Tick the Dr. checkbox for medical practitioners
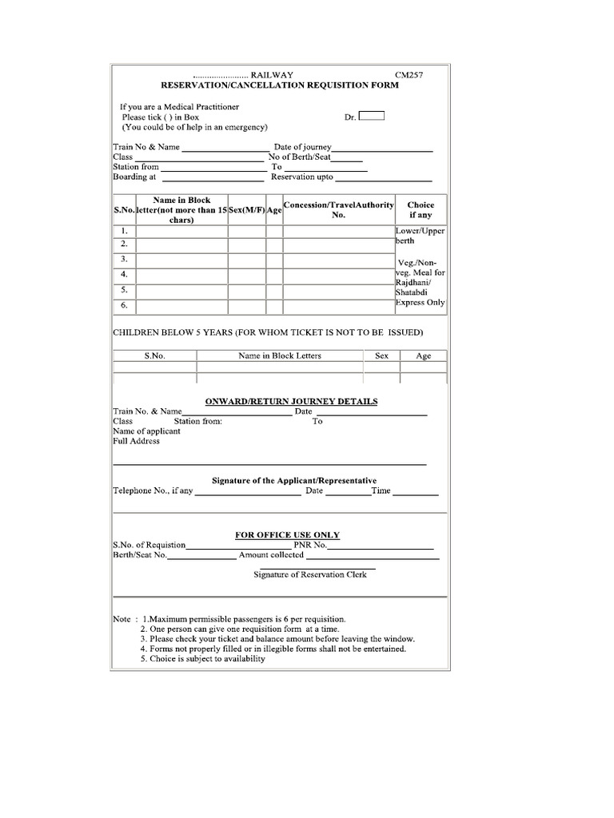tap(372, 116)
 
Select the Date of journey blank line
tap(383, 150)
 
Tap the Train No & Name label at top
tap(146, 147)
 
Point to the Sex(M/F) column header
tap(247, 209)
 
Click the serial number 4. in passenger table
tap(124, 275)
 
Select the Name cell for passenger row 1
tap(181, 232)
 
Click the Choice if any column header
tap(421, 210)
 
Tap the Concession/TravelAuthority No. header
tap(339, 210)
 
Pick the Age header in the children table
tap(423, 355)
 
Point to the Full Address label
tap(136, 441)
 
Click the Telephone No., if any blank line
tap(248, 494)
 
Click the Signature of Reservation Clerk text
tap(310, 575)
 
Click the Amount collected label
tap(271, 554)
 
